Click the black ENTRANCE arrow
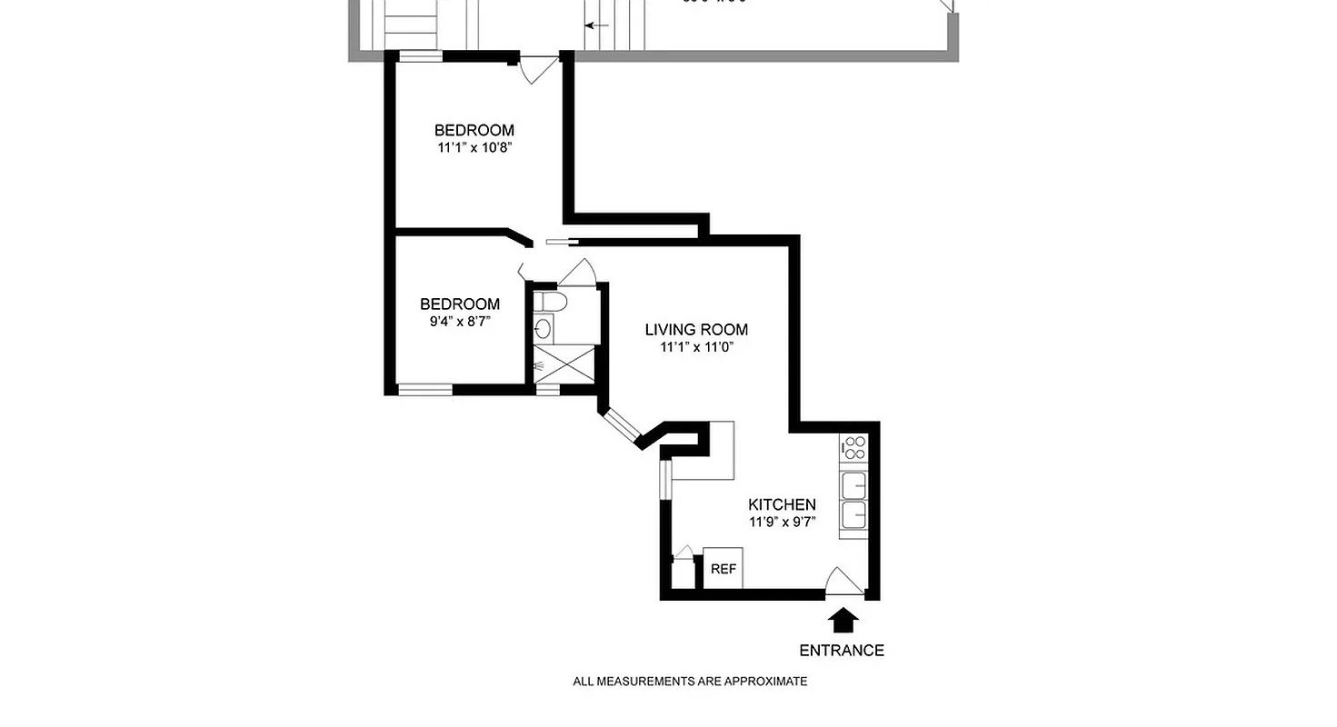click(844, 621)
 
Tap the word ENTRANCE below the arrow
click(841, 651)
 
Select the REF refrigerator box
click(723, 569)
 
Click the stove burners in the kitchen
click(853, 447)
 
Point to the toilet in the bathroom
click(550, 301)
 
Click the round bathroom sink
click(543, 329)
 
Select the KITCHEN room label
click(782, 504)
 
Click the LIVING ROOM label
click(696, 330)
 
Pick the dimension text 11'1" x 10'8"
click(474, 147)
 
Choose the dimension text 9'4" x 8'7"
click(459, 321)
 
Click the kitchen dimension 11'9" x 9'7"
click(782, 522)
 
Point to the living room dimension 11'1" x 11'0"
click(696, 347)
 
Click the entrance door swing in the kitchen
click(843, 583)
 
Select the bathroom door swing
click(576, 271)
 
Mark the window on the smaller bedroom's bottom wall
click(425, 390)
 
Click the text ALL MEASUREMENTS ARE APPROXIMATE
click(690, 682)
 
